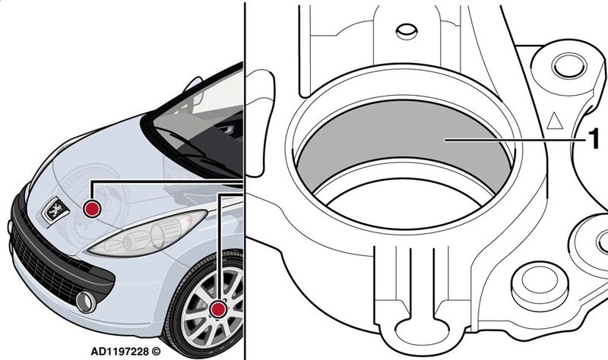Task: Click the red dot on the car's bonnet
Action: click(92, 209)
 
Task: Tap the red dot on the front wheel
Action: click(218, 309)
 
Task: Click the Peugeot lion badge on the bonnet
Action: click(55, 210)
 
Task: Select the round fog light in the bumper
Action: click(86, 302)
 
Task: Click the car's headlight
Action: click(147, 233)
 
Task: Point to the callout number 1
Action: click(594, 139)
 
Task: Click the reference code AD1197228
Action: click(120, 352)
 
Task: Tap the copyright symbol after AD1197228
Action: click(156, 352)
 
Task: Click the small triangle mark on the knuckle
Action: click(555, 121)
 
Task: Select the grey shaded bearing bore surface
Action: click(404, 141)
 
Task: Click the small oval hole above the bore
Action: click(407, 31)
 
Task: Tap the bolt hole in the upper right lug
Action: click(569, 65)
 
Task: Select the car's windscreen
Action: click(197, 124)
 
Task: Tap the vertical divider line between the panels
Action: click(245, 180)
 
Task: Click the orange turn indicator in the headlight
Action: click(189, 219)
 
